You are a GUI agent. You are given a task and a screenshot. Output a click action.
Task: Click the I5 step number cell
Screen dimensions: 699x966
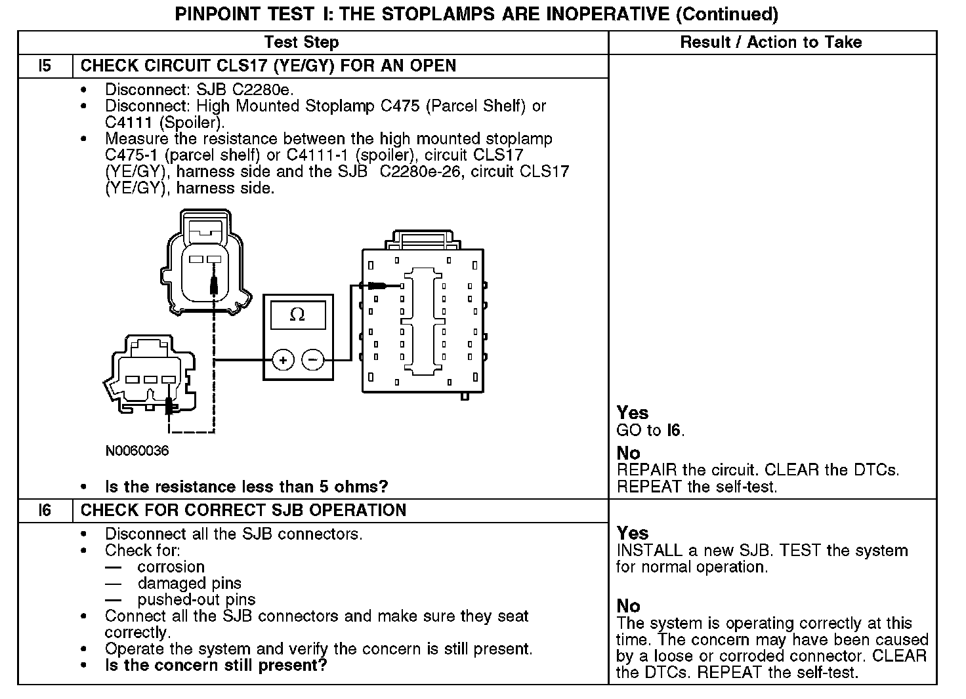point(45,66)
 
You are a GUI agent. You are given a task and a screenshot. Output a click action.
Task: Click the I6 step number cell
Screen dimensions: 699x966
point(45,510)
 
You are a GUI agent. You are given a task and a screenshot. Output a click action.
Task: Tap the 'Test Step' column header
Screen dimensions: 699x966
point(301,43)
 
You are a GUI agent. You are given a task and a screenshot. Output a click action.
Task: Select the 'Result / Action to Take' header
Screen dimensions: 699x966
point(770,43)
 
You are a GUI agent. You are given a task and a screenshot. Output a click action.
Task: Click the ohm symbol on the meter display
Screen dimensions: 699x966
point(297,315)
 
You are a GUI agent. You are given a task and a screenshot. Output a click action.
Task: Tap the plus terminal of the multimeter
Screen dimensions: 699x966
point(283,360)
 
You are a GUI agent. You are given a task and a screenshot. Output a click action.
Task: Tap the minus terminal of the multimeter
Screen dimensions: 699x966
point(313,360)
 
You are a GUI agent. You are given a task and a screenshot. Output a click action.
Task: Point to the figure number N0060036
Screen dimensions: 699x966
point(136,451)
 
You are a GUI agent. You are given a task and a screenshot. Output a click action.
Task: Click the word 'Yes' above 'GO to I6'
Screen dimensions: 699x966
point(633,412)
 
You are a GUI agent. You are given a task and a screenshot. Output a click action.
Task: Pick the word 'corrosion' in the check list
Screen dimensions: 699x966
point(171,567)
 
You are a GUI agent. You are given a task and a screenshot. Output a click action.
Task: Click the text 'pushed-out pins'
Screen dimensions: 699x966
point(196,599)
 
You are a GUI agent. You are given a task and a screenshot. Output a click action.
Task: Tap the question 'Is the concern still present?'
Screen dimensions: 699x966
point(216,666)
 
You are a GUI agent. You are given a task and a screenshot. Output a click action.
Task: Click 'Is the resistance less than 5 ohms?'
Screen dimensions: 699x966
point(247,487)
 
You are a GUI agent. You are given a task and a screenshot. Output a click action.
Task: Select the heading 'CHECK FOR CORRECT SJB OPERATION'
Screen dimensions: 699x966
point(243,510)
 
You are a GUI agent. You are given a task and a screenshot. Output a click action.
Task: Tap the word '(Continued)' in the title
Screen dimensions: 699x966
point(727,14)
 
